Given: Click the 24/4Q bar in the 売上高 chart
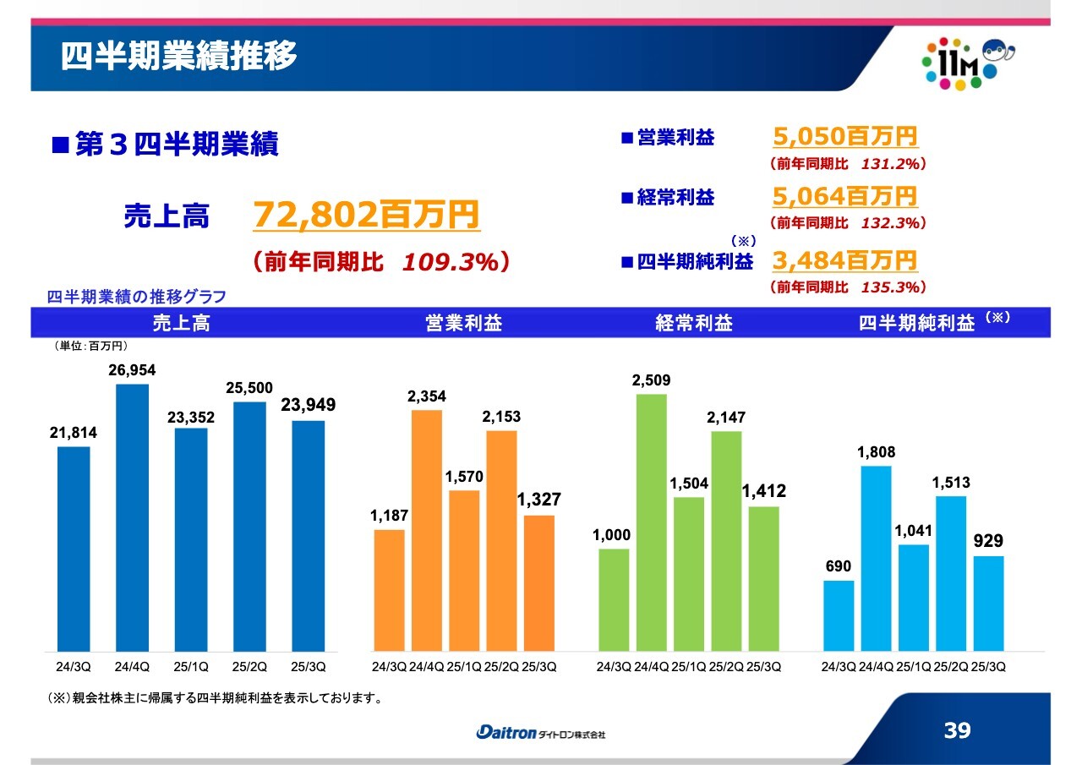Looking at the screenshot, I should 132,517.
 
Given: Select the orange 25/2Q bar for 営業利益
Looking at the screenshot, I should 500,541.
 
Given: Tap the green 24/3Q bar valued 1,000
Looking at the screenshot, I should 614,600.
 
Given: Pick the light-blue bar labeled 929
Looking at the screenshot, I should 988,603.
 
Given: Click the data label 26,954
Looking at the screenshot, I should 132,370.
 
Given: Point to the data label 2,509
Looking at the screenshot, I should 651,380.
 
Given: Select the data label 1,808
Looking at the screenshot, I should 876,453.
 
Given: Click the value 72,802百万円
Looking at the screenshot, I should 366,216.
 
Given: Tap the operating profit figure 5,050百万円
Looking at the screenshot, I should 844,136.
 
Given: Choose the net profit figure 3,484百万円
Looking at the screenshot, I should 844,260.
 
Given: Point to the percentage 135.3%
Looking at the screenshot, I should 890,287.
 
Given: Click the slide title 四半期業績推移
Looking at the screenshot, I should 179,57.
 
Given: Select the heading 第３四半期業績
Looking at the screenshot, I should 176,145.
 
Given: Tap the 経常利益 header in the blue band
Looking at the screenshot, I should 693,323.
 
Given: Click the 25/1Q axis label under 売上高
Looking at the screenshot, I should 191,667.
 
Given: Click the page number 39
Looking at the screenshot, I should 957,731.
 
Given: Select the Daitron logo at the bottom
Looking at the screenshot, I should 541,733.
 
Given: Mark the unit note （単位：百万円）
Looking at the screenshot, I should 90,346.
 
